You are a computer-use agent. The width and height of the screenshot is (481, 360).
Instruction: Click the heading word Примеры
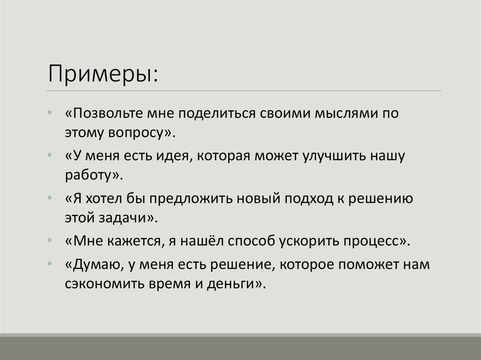99,74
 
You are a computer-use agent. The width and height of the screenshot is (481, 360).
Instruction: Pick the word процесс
372,241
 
